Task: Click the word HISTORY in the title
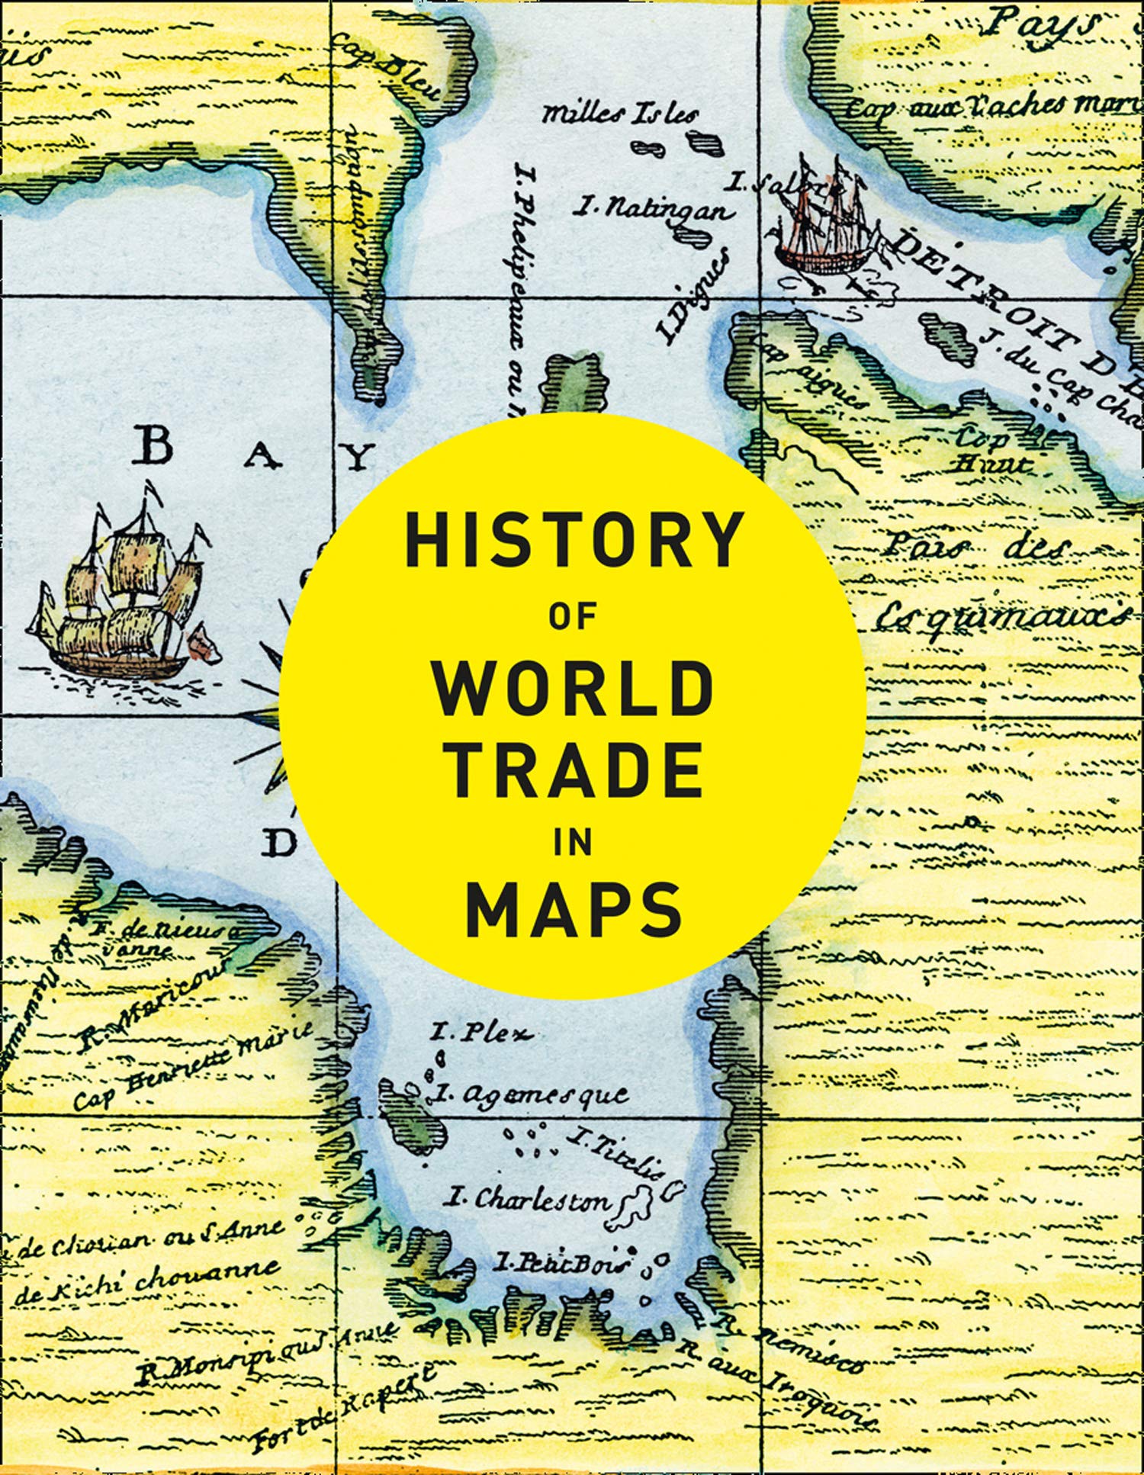pos(574,539)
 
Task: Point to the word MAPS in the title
pos(574,910)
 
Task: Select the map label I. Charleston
pos(528,1200)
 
